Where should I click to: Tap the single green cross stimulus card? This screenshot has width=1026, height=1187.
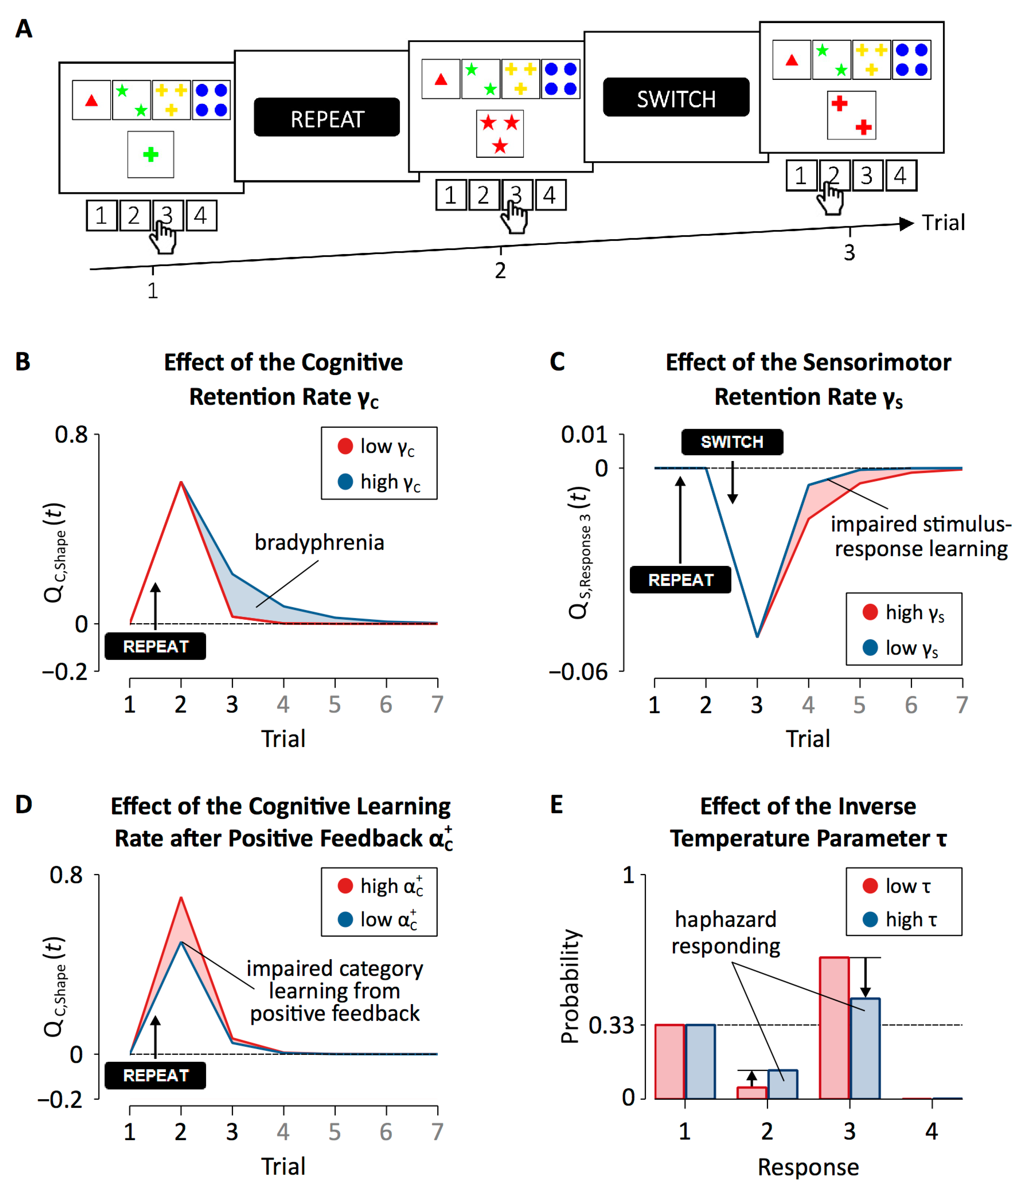click(x=151, y=155)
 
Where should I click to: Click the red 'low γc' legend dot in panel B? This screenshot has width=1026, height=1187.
click(x=345, y=446)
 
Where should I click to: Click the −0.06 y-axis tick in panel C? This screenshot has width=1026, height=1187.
click(x=578, y=671)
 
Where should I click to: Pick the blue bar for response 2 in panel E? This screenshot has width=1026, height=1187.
click(x=783, y=1085)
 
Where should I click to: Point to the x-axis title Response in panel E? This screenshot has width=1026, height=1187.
click(x=808, y=1167)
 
